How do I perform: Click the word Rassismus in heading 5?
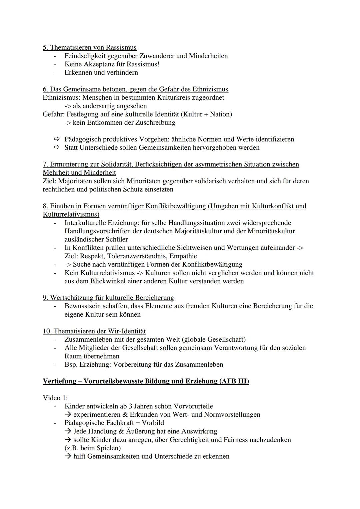121,47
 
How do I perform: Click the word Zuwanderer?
157,56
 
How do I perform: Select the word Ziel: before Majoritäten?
50,181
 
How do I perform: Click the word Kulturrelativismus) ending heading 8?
71,214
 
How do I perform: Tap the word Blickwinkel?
108,281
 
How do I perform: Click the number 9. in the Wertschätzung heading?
45,298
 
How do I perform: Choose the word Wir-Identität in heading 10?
127,331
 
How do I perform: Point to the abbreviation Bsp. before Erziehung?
71,364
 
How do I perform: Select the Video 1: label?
55,398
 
